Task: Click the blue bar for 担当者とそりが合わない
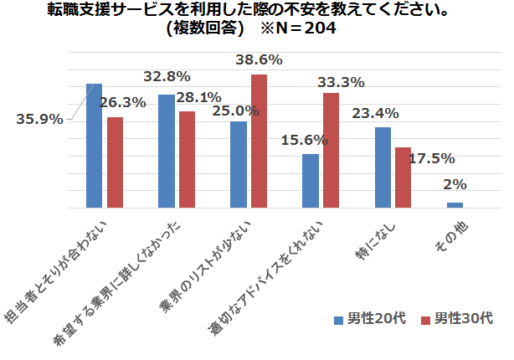click(95, 146)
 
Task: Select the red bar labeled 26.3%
click(115, 162)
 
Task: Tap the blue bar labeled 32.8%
click(167, 151)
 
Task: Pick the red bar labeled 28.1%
click(187, 159)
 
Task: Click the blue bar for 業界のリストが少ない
click(239, 164)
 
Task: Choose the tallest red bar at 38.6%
click(259, 141)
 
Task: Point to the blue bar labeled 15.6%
click(311, 181)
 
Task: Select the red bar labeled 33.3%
click(331, 150)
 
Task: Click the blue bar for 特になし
click(383, 167)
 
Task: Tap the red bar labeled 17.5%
click(403, 177)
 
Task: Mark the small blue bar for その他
click(455, 204)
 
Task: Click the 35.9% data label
click(40, 119)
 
